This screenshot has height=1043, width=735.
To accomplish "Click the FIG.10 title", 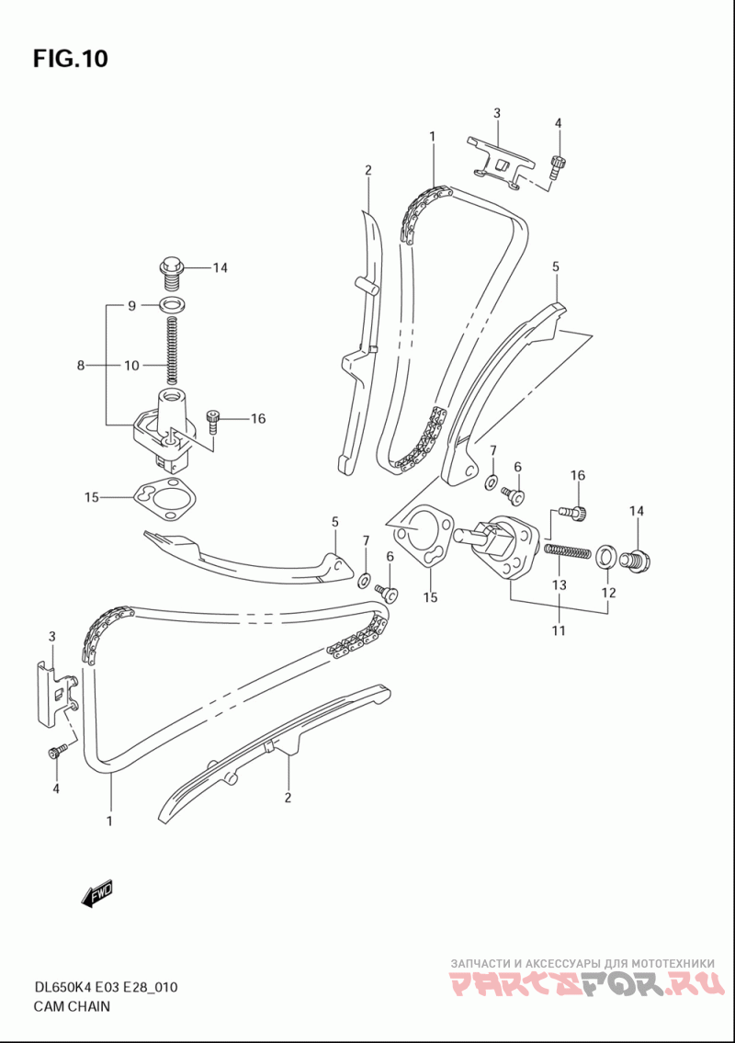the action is coord(71,59).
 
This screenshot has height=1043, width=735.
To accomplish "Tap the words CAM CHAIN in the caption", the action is coord(72,1005).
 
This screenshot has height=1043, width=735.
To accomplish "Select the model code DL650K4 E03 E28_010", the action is coord(105,987).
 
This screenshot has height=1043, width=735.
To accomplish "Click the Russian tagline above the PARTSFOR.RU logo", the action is coord(582,962).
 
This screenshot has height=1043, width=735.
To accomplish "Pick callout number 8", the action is coord(81,365).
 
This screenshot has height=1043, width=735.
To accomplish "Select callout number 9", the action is coord(131,305).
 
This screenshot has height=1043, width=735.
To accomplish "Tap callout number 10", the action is coord(131,365).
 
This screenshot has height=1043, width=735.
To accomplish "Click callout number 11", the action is coord(559,629).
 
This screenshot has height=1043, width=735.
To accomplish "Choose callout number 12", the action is coord(608,592).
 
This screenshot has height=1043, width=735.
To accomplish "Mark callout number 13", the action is coord(560,584).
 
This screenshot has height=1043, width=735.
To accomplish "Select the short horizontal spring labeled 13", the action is coord(568,551).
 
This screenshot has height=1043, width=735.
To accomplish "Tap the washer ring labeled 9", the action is coord(172,306).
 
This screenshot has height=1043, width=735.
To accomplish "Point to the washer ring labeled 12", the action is coord(604,558).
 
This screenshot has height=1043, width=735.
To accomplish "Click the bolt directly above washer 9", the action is coord(172,274).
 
